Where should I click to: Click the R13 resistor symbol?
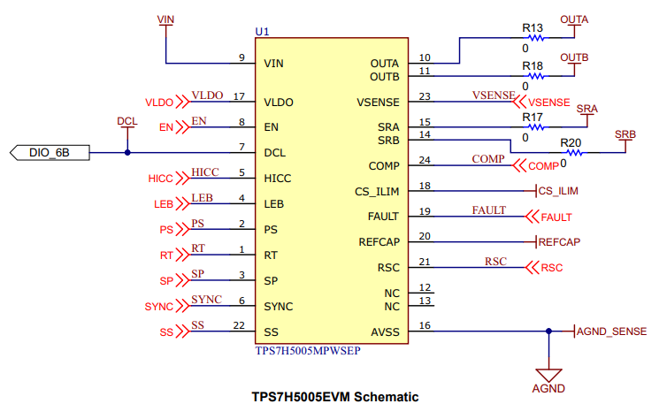point(535,38)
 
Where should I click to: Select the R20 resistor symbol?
point(574,153)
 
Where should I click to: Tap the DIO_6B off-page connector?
point(50,153)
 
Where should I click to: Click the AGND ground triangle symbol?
point(548,375)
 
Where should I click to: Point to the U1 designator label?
point(262,32)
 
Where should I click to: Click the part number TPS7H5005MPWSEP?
point(308,351)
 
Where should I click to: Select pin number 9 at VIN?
point(241,57)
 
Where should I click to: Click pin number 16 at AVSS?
point(425,325)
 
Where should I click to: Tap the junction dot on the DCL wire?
point(127,153)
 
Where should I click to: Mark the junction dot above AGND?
point(548,331)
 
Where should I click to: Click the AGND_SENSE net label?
point(611,331)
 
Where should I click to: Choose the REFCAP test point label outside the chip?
point(559,242)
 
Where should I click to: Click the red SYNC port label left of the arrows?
point(158,307)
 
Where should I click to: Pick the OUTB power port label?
point(574,57)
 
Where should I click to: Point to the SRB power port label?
point(625,134)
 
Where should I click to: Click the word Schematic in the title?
point(387,397)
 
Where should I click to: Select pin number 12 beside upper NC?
point(425,287)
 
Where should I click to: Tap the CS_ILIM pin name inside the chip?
point(377,192)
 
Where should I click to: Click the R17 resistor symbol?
point(535,127)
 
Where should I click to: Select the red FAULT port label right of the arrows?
point(556,217)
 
